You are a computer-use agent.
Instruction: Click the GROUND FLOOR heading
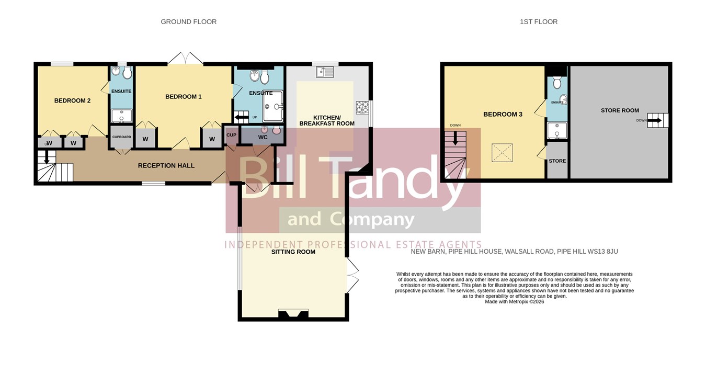pyautogui.click(x=188, y=22)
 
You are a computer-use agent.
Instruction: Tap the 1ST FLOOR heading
pyautogui.click(x=539, y=22)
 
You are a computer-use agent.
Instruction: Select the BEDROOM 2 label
pyautogui.click(x=73, y=100)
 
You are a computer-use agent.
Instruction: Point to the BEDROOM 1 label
pyautogui.click(x=184, y=96)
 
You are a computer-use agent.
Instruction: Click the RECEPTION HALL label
pyautogui.click(x=166, y=165)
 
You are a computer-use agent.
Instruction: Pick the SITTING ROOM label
pyautogui.click(x=293, y=252)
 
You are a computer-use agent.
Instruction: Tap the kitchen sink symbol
pyautogui.click(x=325, y=72)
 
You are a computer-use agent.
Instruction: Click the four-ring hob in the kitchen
pyautogui.click(x=362, y=107)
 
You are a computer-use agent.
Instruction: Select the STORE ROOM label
pyautogui.click(x=620, y=110)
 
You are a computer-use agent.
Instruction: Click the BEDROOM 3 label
pyautogui.click(x=503, y=114)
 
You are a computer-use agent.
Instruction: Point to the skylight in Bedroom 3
pyautogui.click(x=502, y=153)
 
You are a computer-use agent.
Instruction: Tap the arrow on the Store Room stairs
pyautogui.click(x=654, y=120)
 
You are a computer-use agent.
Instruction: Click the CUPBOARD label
pyautogui.click(x=122, y=137)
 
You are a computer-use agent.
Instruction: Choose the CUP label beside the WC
pyautogui.click(x=231, y=135)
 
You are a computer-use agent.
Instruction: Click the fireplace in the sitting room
pyautogui.click(x=293, y=314)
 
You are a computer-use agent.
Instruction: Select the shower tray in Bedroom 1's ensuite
pyautogui.click(x=273, y=106)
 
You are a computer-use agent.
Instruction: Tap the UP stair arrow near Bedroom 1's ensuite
pyautogui.click(x=242, y=118)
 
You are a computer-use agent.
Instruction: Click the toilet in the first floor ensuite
pyautogui.click(x=557, y=82)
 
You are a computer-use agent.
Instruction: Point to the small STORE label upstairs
pyautogui.click(x=557, y=161)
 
